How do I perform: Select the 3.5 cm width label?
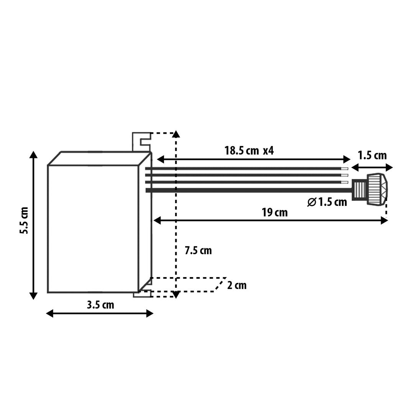[100, 305]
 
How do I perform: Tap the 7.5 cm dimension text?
[198, 251]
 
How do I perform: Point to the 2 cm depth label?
[237, 286]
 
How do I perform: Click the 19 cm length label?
[274, 212]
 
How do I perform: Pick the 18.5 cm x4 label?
[249, 151]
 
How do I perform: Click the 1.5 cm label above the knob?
[372, 156]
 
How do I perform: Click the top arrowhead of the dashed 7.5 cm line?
[176, 134]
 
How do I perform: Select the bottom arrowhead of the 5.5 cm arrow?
[34, 296]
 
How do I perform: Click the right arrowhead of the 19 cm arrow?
[384, 220]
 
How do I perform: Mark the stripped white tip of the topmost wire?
[345, 169]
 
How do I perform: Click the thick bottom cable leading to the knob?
[249, 190]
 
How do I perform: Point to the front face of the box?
[92, 229]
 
